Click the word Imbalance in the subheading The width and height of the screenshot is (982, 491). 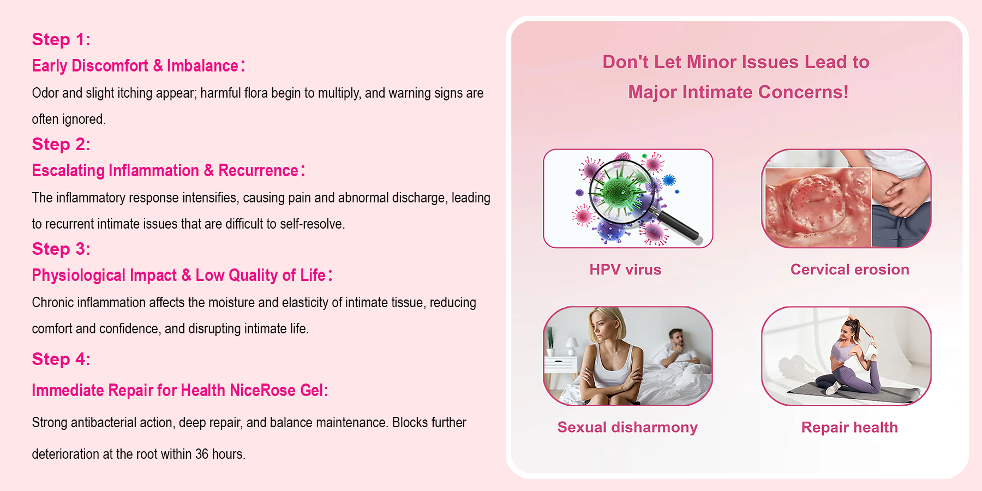pos(202,66)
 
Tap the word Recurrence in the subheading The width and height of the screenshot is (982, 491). pos(258,171)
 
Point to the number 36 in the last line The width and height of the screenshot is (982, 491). pos(202,454)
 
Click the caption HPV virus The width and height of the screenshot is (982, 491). pos(625,270)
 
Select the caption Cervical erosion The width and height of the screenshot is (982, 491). pos(849,270)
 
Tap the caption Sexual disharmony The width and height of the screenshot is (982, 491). pos(627,427)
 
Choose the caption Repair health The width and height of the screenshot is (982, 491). pos(849,427)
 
